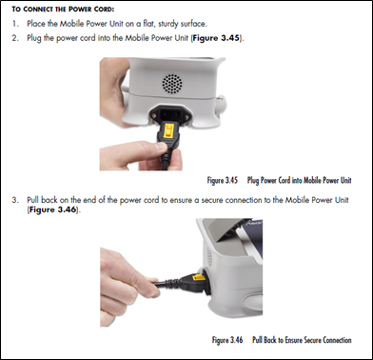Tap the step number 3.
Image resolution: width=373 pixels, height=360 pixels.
tap(16, 201)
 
